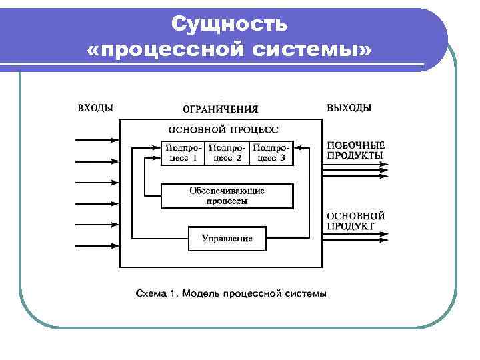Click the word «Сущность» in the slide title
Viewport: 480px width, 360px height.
click(229, 25)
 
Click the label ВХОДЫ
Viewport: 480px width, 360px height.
click(95, 107)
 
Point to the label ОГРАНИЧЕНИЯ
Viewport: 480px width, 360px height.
click(220, 109)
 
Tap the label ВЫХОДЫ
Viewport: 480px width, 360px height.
click(349, 107)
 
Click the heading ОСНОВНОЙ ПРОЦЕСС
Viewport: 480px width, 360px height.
click(223, 129)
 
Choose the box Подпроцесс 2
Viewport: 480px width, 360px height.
click(227, 153)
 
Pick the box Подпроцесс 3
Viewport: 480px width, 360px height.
click(271, 153)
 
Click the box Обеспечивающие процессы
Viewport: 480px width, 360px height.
click(227, 195)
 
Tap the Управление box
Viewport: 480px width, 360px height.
click(227, 239)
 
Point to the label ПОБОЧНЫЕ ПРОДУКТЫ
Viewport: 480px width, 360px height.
click(355, 150)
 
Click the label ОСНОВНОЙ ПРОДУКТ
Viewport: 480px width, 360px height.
click(355, 221)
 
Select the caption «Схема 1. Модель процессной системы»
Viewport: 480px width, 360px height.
click(231, 293)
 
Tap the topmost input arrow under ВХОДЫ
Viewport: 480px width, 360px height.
click(97, 140)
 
